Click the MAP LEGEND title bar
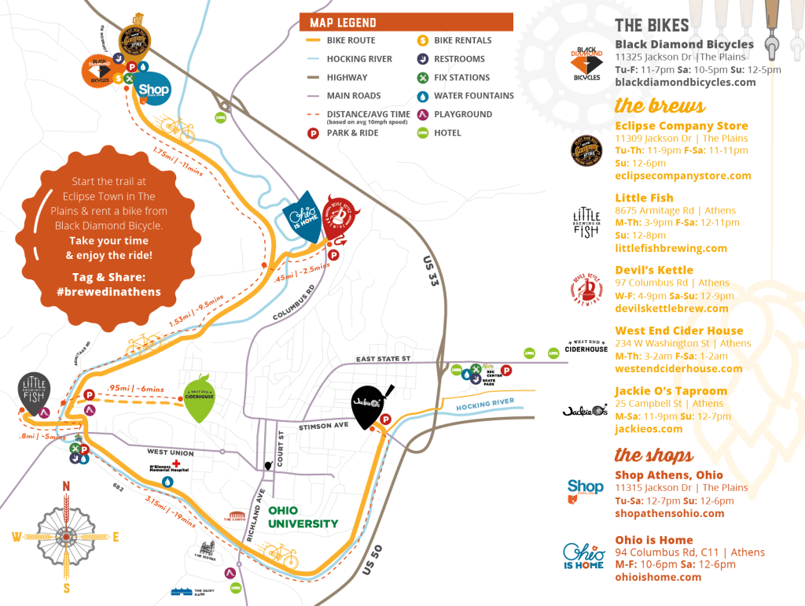(x=406, y=23)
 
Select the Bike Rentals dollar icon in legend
(x=422, y=40)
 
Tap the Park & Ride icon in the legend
(x=312, y=133)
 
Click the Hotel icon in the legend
(x=422, y=133)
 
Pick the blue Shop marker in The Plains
(x=152, y=90)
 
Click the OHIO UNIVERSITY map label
(x=303, y=517)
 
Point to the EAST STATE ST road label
(x=383, y=359)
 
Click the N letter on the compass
(x=67, y=486)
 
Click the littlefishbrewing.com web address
(x=671, y=248)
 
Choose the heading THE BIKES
(x=652, y=25)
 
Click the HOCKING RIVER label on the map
(x=484, y=405)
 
